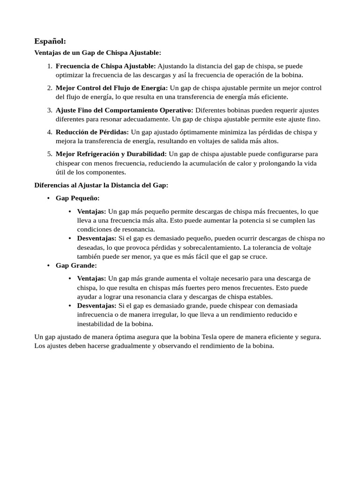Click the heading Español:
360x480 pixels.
pos(50,41)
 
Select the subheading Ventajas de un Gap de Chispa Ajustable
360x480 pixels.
pos(97,53)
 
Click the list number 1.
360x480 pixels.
pos(49,66)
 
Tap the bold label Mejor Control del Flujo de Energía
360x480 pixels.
pos(112,88)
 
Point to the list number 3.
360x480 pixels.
pos(49,110)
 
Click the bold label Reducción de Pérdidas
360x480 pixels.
pos(92,132)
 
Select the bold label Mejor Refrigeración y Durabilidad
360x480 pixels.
pos(111,154)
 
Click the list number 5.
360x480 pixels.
pos(49,154)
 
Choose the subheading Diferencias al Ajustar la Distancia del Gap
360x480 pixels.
pos(101,185)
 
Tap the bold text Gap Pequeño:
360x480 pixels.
pos(77,198)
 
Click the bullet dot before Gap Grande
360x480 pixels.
pos(48,266)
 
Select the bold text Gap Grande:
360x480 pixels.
pos(76,266)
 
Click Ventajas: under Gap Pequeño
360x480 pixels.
pos(91,212)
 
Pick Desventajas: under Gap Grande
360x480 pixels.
pos(97,306)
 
